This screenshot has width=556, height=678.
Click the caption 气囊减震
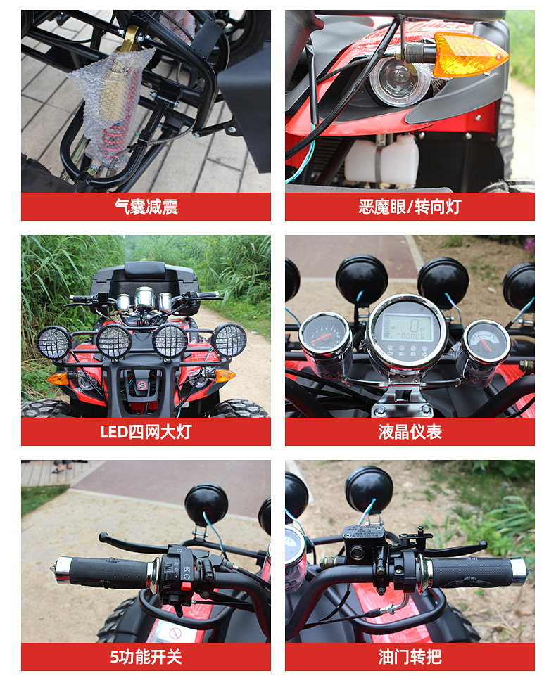point(146,207)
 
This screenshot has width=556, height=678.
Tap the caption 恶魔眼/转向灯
point(410,207)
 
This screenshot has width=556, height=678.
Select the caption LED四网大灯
point(146,432)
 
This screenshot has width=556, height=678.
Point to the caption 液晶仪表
point(410,432)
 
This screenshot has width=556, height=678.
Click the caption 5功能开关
point(146,657)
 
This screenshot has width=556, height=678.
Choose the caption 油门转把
point(410,657)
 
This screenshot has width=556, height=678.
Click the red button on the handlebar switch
point(187,587)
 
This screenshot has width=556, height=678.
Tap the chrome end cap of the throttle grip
point(519,572)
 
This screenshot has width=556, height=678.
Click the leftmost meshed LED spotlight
point(54,343)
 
